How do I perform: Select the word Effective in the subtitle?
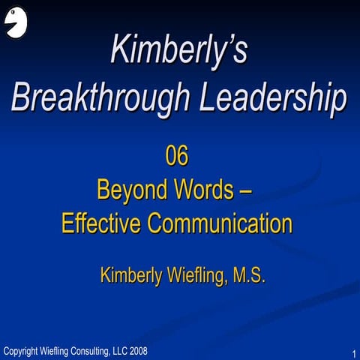point(96,223)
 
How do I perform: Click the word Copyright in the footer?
point(22,350)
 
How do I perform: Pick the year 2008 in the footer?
point(138,350)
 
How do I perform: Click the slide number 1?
point(352,352)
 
